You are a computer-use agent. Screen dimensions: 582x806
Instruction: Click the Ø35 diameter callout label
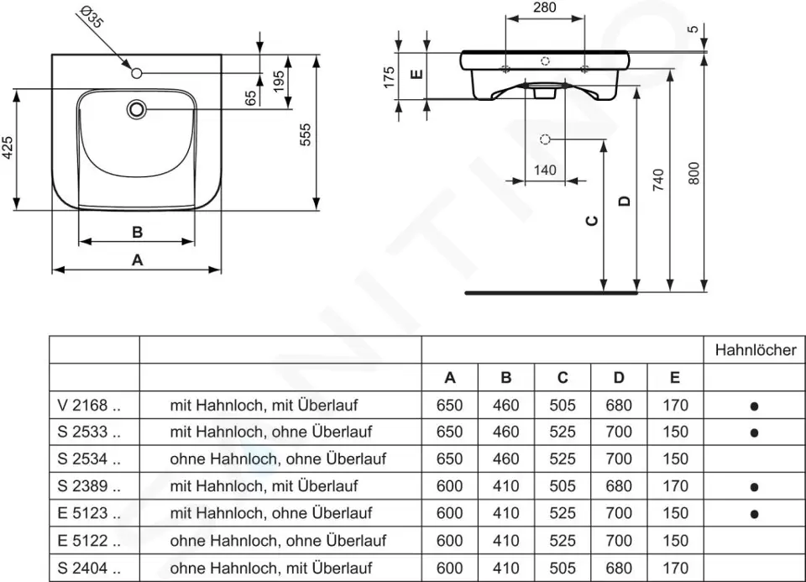(x=92, y=17)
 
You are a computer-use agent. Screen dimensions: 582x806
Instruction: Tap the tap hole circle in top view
(x=137, y=74)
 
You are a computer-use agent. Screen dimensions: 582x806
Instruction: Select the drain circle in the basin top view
(x=137, y=109)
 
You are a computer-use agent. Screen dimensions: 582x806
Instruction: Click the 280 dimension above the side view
(x=544, y=8)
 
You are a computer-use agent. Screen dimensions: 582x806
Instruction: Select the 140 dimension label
(x=545, y=170)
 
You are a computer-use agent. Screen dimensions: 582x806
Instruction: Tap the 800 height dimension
(x=693, y=175)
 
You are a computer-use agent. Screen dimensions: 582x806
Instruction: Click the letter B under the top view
(x=137, y=232)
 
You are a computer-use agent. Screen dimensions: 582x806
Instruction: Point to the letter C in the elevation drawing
(x=592, y=221)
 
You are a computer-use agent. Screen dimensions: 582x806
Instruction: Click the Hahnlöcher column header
(x=755, y=350)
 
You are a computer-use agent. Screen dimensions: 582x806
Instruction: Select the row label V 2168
(x=90, y=406)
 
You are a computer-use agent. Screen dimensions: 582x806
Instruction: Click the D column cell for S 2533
(x=618, y=433)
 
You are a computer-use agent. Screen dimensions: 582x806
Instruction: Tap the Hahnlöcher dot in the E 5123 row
(x=754, y=514)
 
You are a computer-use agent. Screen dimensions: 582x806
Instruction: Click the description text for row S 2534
(x=278, y=459)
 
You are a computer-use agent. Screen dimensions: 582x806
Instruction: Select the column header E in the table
(x=674, y=378)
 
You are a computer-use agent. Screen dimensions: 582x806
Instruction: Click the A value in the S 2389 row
(x=449, y=486)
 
